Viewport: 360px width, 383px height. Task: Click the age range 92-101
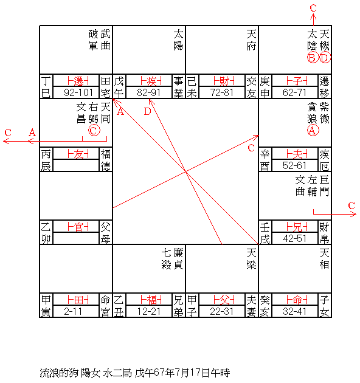(78, 92)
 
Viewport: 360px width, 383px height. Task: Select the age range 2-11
(73, 311)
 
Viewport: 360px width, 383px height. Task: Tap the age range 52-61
(294, 165)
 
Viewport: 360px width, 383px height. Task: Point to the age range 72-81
(222, 92)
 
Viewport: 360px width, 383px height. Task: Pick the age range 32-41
(294, 311)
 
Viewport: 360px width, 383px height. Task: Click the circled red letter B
(313, 58)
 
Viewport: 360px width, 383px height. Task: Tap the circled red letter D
(325, 58)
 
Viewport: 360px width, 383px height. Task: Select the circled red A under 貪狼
(313, 131)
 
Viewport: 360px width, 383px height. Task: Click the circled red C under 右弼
(94, 130)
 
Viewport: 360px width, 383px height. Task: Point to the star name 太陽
(178, 40)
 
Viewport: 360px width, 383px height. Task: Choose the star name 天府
(251, 40)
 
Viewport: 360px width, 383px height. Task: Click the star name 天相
(324, 258)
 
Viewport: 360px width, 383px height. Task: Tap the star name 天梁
(251, 258)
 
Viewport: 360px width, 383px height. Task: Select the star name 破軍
(94, 40)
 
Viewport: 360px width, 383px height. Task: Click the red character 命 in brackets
(297, 300)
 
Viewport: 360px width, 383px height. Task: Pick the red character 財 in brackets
(224, 81)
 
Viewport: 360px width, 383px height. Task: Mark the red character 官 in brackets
(78, 227)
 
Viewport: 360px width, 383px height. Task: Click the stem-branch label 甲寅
(46, 306)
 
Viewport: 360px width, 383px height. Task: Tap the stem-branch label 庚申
(265, 87)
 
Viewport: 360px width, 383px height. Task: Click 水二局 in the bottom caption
(117, 373)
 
